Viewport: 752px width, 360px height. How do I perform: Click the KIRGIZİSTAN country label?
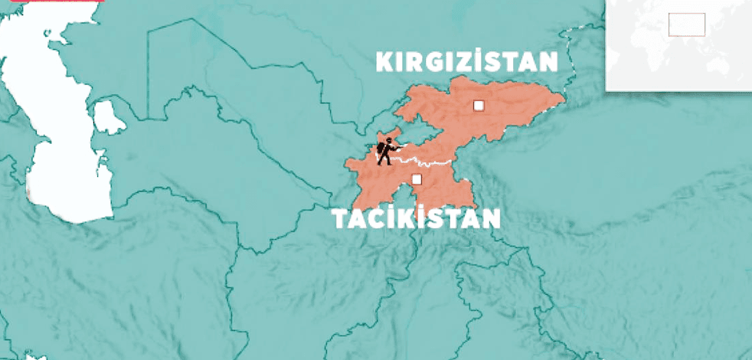point(466,62)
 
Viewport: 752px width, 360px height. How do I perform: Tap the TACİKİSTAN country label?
point(416,220)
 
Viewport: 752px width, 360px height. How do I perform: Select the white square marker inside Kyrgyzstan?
point(479,106)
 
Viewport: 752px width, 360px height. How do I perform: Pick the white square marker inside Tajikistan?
point(417,179)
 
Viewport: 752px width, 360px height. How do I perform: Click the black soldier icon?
point(387,152)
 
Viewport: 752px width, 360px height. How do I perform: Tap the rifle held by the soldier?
point(397,148)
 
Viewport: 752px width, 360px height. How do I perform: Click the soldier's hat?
point(388,139)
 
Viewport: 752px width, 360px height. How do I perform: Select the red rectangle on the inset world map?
point(686,24)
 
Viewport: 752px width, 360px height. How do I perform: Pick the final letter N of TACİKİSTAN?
point(491,220)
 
